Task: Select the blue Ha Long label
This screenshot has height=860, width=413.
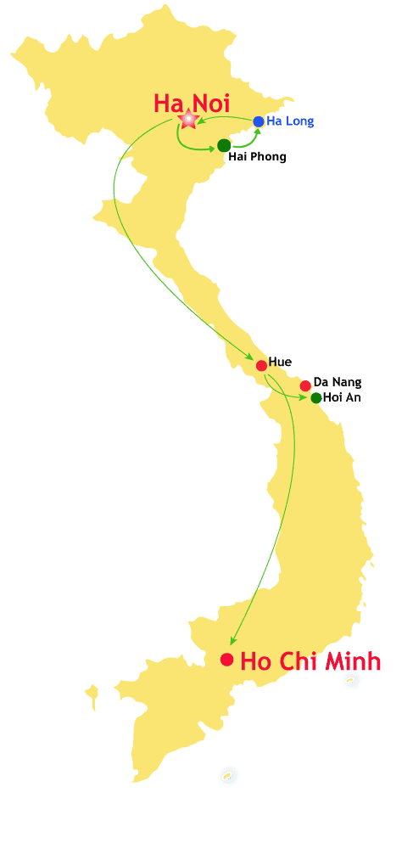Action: (290, 121)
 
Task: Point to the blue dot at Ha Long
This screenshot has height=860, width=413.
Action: (259, 121)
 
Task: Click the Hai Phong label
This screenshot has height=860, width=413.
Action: (257, 157)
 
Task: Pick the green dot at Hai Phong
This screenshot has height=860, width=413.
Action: (224, 145)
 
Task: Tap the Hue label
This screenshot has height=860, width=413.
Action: (280, 363)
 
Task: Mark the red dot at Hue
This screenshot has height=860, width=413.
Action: (261, 366)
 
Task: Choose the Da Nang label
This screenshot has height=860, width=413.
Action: (338, 383)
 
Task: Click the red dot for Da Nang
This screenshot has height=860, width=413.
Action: (305, 385)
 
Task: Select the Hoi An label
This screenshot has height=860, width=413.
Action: (342, 397)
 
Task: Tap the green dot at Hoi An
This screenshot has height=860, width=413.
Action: (316, 397)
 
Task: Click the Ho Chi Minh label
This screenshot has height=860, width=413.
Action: (310, 662)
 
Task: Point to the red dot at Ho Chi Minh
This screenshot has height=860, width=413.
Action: (226, 660)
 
